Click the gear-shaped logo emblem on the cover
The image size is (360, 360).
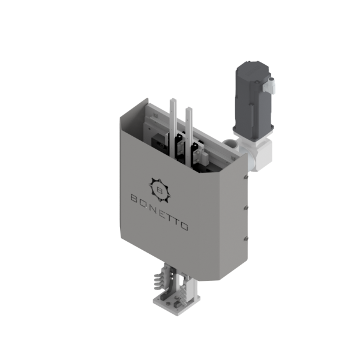(158, 187)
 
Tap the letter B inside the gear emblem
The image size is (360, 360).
(158, 187)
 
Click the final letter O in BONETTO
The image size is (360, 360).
(185, 226)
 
